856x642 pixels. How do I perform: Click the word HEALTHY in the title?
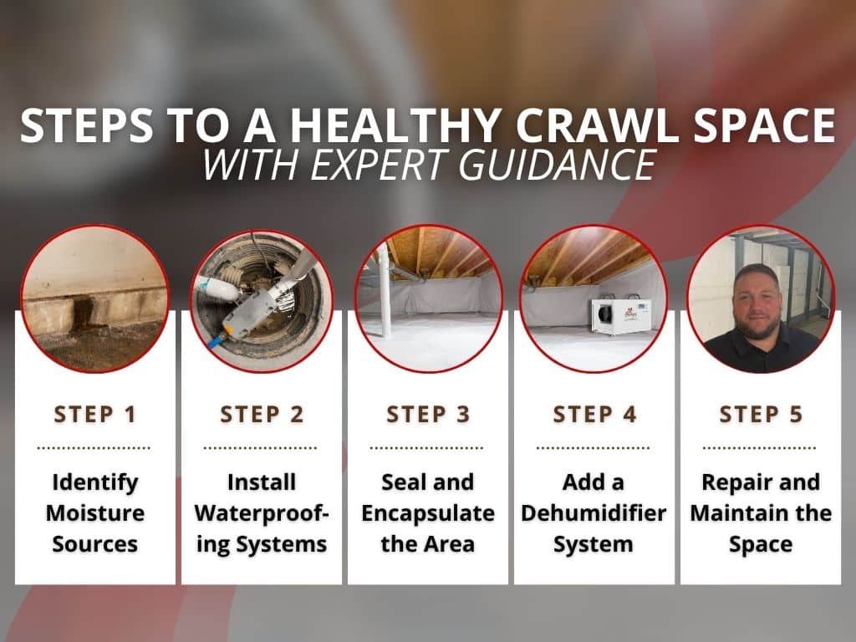tap(395, 125)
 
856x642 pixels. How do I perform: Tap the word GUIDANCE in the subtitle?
tap(557, 165)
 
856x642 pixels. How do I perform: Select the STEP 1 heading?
tap(95, 415)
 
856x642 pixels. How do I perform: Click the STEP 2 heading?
tap(262, 415)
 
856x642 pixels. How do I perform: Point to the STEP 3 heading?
tap(428, 415)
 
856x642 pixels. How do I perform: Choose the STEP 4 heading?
tap(594, 415)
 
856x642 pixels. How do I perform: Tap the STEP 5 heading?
tap(761, 415)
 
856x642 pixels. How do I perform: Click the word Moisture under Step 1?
tap(95, 513)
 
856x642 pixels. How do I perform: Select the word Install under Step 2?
tap(262, 482)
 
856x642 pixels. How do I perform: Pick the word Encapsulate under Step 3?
tap(428, 514)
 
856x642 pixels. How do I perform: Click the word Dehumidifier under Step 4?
tap(594, 513)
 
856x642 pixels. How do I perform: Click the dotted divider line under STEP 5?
tap(759, 448)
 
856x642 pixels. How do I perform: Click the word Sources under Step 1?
tap(95, 544)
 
